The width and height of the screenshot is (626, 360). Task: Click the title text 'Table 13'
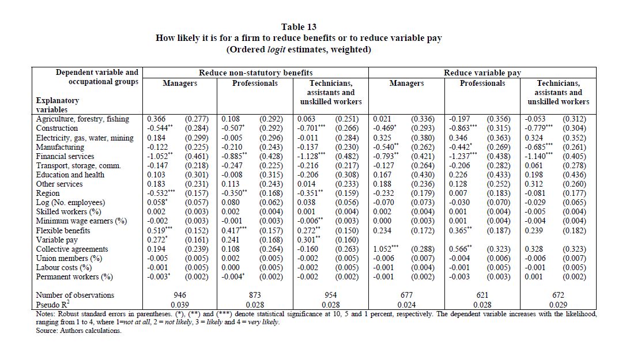click(299, 26)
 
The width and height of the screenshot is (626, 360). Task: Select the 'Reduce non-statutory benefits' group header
click(255, 73)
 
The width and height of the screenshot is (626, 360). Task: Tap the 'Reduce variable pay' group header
click(482, 73)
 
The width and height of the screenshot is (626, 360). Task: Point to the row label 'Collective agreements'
click(72, 249)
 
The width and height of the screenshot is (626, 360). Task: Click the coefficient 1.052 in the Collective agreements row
click(385, 249)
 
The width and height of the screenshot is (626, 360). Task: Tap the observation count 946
click(179, 295)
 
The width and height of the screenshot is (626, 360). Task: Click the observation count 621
click(482, 295)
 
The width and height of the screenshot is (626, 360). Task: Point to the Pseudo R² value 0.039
click(179, 304)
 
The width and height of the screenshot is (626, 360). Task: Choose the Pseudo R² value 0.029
click(558, 304)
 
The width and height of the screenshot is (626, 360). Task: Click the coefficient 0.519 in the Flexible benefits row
click(160, 230)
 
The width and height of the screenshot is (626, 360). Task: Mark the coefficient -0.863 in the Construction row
click(461, 128)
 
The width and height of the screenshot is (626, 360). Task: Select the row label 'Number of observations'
click(75, 295)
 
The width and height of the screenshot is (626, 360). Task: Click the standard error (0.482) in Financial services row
click(347, 156)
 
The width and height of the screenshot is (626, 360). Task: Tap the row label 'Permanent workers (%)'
click(74, 276)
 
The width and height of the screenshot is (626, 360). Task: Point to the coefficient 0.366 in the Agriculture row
click(157, 119)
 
